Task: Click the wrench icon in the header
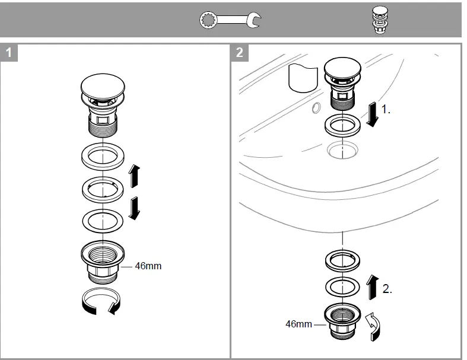pyautogui.click(x=231, y=20)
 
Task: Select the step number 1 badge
pyautogui.click(x=9, y=52)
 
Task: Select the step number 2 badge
pyautogui.click(x=239, y=52)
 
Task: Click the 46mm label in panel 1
pyautogui.click(x=148, y=266)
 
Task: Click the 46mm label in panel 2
pyautogui.click(x=298, y=324)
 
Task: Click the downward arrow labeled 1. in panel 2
pyautogui.click(x=371, y=114)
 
